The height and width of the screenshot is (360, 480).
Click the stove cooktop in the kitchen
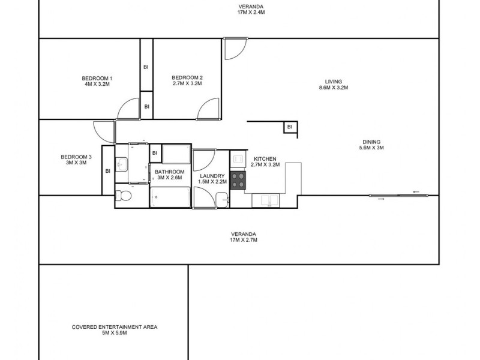point(238,181)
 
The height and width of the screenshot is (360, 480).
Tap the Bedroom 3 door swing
point(104,131)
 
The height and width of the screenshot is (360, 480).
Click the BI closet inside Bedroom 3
point(108,170)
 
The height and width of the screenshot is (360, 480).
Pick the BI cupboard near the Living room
point(289,127)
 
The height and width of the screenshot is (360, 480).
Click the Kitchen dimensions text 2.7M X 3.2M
point(265,165)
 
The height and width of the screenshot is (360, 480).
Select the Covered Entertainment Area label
point(114,327)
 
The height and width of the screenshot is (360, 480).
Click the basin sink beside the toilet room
point(121,164)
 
